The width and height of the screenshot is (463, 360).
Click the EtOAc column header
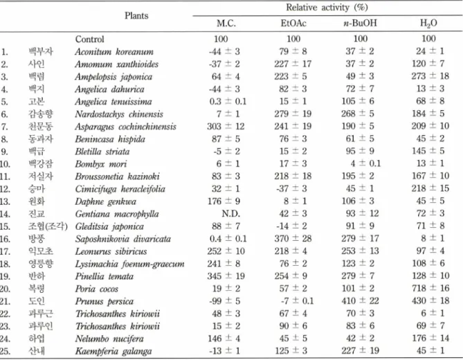pyautogui.click(x=293, y=23)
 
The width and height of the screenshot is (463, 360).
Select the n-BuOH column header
pyautogui.click(x=360, y=23)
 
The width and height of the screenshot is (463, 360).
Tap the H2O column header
pyautogui.click(x=428, y=24)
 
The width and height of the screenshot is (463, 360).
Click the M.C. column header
pyautogui.click(x=226, y=24)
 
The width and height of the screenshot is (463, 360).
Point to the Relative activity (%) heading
pyautogui.click(x=327, y=8)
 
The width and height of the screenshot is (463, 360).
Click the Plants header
pyautogui.click(x=136, y=16)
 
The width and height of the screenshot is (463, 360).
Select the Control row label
pyautogui.click(x=90, y=39)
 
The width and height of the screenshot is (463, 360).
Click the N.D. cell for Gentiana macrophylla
pyautogui.click(x=231, y=213)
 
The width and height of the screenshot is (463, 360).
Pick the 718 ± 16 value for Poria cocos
pyautogui.click(x=430, y=288)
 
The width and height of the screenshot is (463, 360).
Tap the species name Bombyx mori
pyautogui.click(x=101, y=163)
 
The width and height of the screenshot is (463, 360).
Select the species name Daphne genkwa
pyautogui.click(x=105, y=201)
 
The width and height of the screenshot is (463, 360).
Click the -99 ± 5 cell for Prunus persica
pyautogui.click(x=224, y=301)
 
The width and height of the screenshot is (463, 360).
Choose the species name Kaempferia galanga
pyautogui.click(x=114, y=351)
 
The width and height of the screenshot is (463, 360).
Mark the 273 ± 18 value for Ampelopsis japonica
pyautogui.click(x=430, y=76)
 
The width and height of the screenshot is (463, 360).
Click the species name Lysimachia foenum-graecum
pyautogui.click(x=129, y=264)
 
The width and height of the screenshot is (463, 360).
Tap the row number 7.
pyautogui.click(x=4, y=127)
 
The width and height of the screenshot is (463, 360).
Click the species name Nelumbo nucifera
pyautogui.click(x=109, y=339)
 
